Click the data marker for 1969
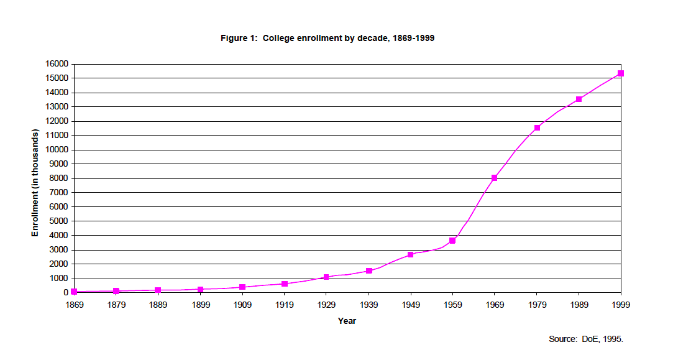point(495,178)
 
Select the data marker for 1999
point(621,73)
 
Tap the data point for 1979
point(537,127)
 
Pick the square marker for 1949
point(411,254)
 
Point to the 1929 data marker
point(326,277)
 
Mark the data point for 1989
point(579,99)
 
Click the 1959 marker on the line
point(452,240)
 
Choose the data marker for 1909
point(242,287)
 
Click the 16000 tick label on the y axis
point(57,63)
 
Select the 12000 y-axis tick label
point(57,121)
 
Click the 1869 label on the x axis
point(74,305)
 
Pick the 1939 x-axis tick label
point(369,305)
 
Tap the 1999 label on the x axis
point(621,305)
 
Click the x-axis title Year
point(347,321)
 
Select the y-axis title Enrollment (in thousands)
point(35,183)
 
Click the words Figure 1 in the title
point(239,38)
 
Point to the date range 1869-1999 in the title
point(410,38)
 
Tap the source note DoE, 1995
point(601,339)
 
